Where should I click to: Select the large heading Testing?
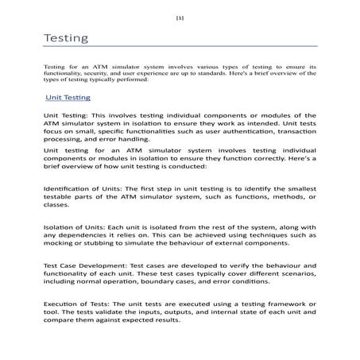coord(65,38)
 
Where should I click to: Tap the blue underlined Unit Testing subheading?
coord(68,97)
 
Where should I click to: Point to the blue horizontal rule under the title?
coord(180,48)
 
